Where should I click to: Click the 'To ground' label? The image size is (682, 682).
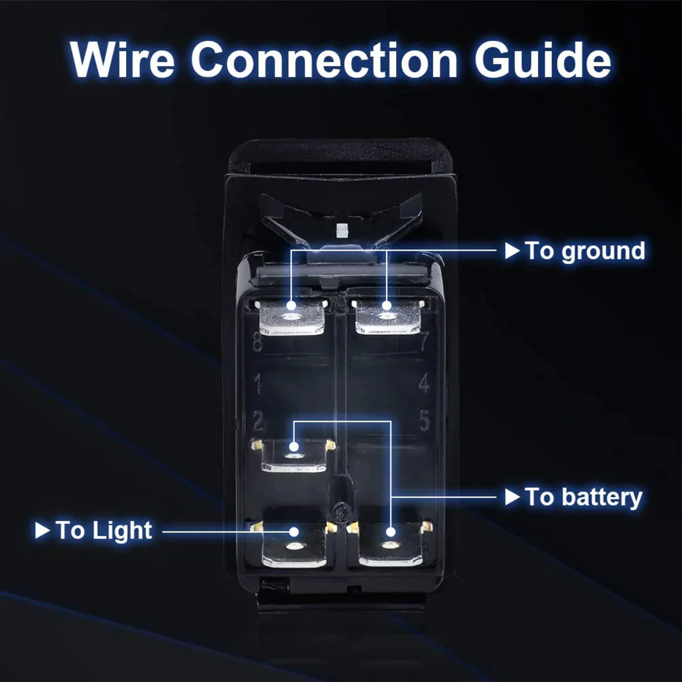tap(585, 251)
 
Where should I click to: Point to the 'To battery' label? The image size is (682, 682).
tap(584, 497)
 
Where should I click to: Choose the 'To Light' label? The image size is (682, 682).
tap(104, 530)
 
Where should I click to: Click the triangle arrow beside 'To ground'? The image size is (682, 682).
tap(512, 250)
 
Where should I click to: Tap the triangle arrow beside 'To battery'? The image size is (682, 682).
tap(512, 497)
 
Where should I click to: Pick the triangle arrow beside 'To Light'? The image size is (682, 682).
tap(43, 530)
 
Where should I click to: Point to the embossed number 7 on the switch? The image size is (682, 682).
tap(423, 341)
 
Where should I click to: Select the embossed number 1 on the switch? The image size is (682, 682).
tap(258, 384)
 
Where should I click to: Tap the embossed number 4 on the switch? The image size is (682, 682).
tap(424, 384)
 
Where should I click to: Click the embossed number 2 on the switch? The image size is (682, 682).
tap(259, 421)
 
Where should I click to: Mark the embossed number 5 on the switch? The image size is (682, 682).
tap(425, 421)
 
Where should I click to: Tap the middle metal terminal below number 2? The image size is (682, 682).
tap(294, 456)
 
